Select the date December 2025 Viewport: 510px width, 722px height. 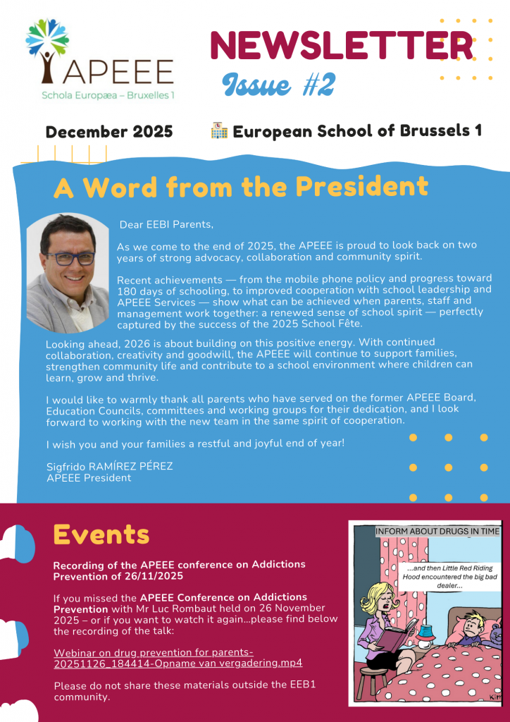point(108,132)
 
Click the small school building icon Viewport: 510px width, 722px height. point(218,130)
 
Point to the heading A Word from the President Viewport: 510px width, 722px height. point(241,187)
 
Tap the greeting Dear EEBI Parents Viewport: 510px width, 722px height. point(166,225)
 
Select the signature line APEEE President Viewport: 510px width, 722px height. point(89,477)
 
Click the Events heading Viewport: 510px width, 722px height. point(101,534)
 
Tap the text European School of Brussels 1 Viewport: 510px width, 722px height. point(357,132)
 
